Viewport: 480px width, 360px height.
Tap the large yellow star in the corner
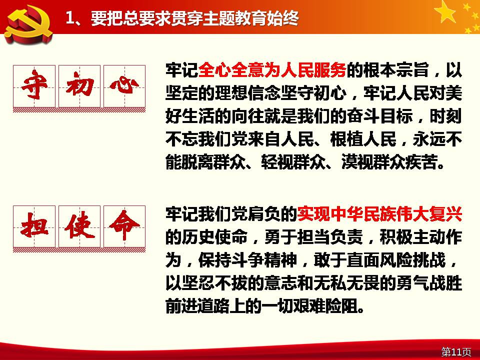(445, 11)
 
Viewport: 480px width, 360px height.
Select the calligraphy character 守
(34, 85)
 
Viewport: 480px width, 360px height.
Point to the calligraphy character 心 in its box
(124, 85)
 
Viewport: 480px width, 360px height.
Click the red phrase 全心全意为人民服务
(272, 70)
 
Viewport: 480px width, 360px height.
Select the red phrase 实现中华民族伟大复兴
(379, 213)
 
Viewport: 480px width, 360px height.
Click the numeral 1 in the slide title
(70, 18)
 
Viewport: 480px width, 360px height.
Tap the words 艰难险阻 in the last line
(325, 305)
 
